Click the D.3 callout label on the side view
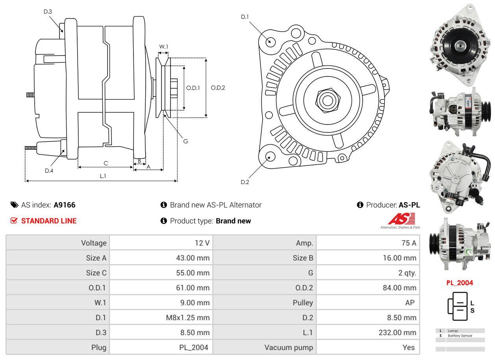pyautogui.click(x=48, y=11)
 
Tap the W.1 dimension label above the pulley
pyautogui.click(x=163, y=46)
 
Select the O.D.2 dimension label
pyautogui.click(x=218, y=87)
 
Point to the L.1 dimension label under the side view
pyautogui.click(x=103, y=176)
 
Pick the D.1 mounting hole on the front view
pyautogui.click(x=270, y=41)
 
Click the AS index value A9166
pyautogui.click(x=65, y=205)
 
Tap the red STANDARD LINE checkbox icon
pyautogui.click(x=14, y=221)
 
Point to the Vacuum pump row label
pyautogui.click(x=289, y=347)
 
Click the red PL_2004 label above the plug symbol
pyautogui.click(x=460, y=282)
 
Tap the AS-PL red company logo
pyautogui.click(x=401, y=219)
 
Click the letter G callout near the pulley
pyautogui.click(x=186, y=141)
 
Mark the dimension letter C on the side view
pyautogui.click(x=106, y=163)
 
